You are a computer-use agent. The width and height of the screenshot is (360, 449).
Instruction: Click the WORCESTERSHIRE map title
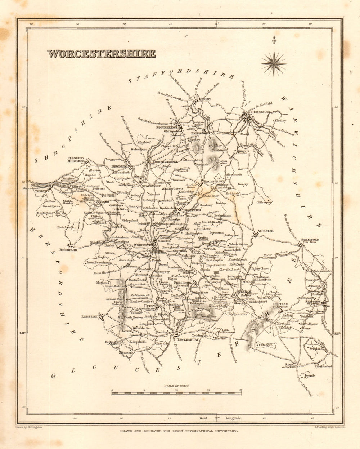click(102, 54)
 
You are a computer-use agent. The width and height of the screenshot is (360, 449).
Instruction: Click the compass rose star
click(274, 64)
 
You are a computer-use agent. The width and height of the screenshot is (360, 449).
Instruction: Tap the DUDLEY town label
click(204, 99)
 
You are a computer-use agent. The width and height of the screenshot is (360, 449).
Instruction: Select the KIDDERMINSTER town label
click(164, 162)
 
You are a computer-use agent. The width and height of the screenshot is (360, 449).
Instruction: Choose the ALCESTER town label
click(265, 231)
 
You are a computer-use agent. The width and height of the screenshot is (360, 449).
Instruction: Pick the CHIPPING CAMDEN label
click(280, 306)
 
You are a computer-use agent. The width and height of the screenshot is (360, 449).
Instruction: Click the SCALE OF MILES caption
click(176, 386)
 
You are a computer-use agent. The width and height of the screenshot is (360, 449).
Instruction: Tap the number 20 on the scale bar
click(240, 390)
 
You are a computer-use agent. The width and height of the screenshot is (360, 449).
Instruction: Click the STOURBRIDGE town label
click(167, 128)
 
